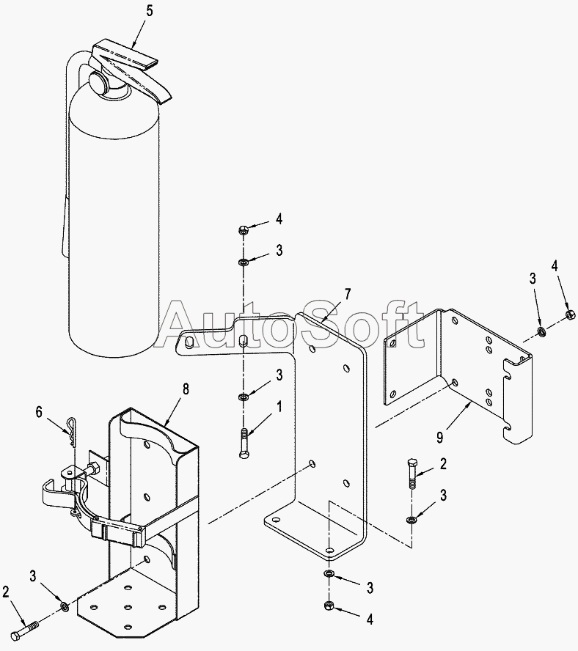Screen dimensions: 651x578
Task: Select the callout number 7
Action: (x=347, y=295)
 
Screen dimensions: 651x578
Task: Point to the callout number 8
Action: (x=185, y=389)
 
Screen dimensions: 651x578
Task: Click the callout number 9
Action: (x=439, y=437)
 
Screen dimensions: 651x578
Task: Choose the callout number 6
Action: (x=40, y=413)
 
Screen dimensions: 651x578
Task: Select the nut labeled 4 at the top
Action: (x=243, y=229)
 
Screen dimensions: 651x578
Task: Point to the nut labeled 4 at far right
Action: (x=570, y=315)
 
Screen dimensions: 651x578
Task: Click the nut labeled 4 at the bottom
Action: (x=328, y=606)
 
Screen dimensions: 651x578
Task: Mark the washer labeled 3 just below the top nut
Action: (x=243, y=262)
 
